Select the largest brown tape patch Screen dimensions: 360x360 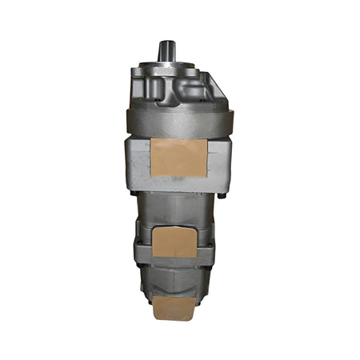pos(178,158)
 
